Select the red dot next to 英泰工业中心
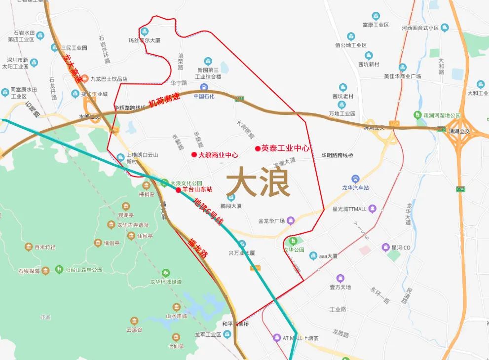tap(258, 148)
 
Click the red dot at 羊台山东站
tap(178, 189)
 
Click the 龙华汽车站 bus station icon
tap(355, 179)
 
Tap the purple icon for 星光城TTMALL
tap(373, 208)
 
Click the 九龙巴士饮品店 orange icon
tap(84, 78)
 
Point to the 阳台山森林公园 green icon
tap(60, 269)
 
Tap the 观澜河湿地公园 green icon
tap(418, 115)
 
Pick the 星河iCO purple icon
tap(385, 247)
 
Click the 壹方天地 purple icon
tap(340, 278)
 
